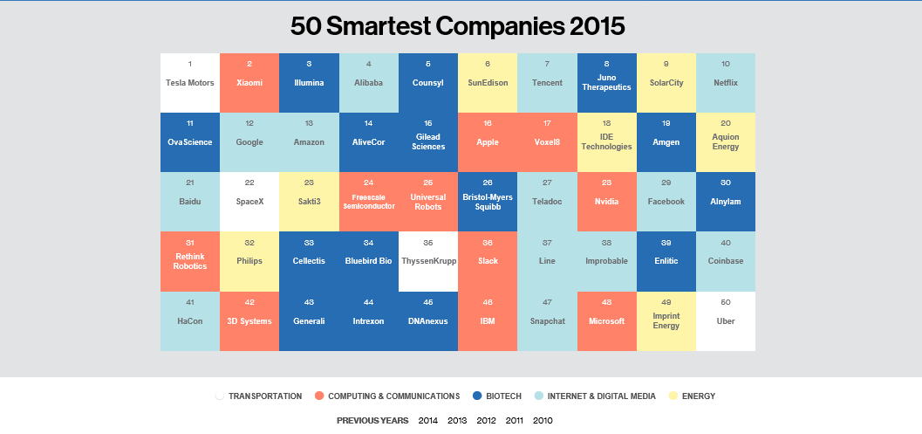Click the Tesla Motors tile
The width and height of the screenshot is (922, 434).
(x=190, y=83)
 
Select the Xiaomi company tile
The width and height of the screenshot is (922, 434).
(x=249, y=83)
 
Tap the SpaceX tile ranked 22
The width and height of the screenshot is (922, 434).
(x=249, y=202)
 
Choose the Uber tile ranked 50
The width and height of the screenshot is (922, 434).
(x=726, y=320)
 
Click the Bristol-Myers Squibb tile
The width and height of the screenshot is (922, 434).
(x=488, y=202)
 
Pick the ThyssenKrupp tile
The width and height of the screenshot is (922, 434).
(x=428, y=261)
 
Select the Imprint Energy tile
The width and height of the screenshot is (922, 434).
(x=666, y=320)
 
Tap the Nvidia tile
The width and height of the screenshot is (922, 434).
(x=606, y=202)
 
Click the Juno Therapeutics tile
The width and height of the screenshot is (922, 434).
(x=606, y=83)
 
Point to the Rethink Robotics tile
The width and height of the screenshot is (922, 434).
(x=190, y=261)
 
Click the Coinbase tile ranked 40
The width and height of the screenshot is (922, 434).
(x=726, y=261)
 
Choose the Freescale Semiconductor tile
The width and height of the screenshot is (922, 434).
(x=368, y=202)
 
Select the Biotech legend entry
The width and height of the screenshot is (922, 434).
(x=503, y=396)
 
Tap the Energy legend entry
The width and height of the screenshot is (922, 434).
(x=696, y=396)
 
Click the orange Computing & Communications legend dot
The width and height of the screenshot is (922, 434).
(x=319, y=396)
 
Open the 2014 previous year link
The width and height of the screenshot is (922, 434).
(x=427, y=421)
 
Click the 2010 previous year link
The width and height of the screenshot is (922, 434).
(x=543, y=421)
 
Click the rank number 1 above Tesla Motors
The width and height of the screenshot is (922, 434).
(x=190, y=64)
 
